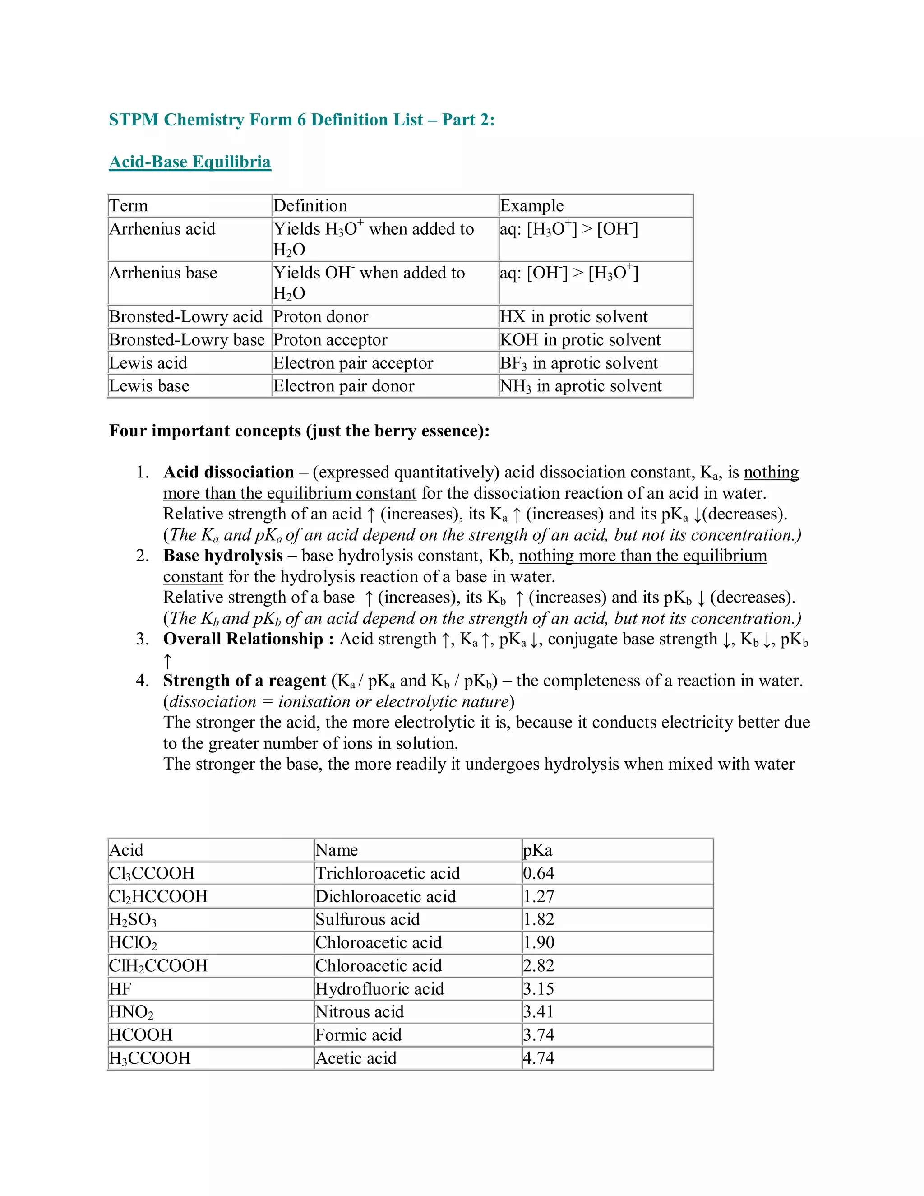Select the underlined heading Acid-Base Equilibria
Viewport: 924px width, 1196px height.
(x=190, y=162)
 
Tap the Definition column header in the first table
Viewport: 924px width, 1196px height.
(x=310, y=206)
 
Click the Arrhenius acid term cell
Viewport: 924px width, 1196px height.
(x=162, y=229)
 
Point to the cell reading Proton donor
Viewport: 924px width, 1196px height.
(x=321, y=316)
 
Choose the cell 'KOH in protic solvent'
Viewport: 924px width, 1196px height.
(x=580, y=340)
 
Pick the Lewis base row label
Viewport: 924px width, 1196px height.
(x=149, y=386)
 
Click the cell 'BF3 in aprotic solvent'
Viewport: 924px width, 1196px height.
(x=578, y=363)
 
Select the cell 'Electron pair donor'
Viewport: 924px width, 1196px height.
(x=344, y=386)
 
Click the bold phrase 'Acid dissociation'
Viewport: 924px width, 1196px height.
(x=228, y=472)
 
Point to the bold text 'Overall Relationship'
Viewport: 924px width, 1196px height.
(x=243, y=639)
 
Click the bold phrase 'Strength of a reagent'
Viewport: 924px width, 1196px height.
(x=244, y=681)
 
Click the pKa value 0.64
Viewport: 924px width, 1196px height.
(x=539, y=873)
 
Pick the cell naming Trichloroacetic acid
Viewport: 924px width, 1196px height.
(x=388, y=873)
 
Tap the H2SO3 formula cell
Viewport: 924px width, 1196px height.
(x=133, y=919)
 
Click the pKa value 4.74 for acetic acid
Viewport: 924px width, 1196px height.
(x=539, y=1058)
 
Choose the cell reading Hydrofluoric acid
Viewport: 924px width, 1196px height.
(x=379, y=988)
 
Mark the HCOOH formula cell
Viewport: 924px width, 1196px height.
(x=141, y=1035)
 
